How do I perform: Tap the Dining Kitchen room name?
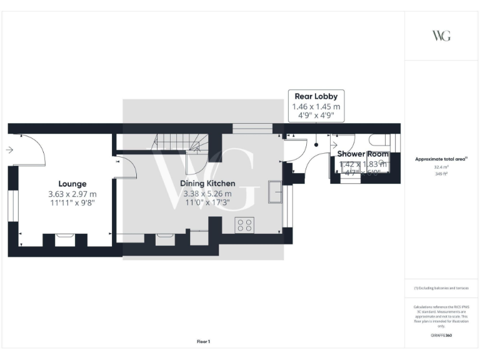pyautogui.click(x=207, y=183)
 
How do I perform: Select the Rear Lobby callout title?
pyautogui.click(x=316, y=96)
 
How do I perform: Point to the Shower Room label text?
pyautogui.click(x=363, y=154)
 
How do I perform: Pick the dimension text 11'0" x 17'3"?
pyautogui.click(x=207, y=203)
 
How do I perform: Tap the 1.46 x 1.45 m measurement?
pyautogui.click(x=316, y=107)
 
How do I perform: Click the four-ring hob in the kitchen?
pyautogui.click(x=244, y=225)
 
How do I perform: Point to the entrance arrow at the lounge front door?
pyautogui.click(x=9, y=150)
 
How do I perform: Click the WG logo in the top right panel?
pyautogui.click(x=441, y=36)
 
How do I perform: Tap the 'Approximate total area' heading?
pyautogui.click(x=441, y=159)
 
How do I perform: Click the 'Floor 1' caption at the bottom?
pyautogui.click(x=203, y=341)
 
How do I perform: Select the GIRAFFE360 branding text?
pyautogui.click(x=441, y=336)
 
